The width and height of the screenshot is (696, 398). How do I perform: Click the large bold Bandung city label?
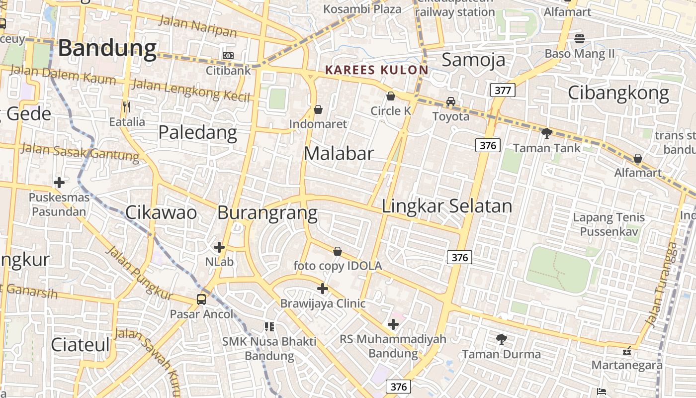[107, 49]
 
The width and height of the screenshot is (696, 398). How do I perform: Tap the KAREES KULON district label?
[376, 70]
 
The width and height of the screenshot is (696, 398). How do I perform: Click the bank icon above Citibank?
[228, 56]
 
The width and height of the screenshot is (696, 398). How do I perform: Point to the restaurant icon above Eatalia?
[127, 106]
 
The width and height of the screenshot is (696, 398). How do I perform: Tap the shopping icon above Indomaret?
[318, 109]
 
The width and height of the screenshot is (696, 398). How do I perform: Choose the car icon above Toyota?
[450, 101]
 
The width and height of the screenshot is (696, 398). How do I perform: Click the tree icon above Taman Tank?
[546, 133]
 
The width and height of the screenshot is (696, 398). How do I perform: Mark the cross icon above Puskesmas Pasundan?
[59, 183]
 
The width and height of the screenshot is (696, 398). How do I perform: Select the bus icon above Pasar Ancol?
[201, 299]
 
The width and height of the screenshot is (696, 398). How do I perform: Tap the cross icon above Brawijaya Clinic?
[323, 289]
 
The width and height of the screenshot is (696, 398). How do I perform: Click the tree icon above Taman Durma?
[502, 339]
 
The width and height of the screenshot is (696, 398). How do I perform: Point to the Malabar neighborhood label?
[339, 153]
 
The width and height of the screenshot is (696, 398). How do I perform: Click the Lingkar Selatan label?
[446, 206]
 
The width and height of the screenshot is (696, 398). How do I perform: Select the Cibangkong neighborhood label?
[618, 93]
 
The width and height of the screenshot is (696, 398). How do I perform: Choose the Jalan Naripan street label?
[197, 26]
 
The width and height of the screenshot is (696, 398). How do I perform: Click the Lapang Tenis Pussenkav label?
[609, 224]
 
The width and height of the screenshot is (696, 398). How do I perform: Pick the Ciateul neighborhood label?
[80, 344]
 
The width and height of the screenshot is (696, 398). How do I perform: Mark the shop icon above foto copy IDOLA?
[338, 251]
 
